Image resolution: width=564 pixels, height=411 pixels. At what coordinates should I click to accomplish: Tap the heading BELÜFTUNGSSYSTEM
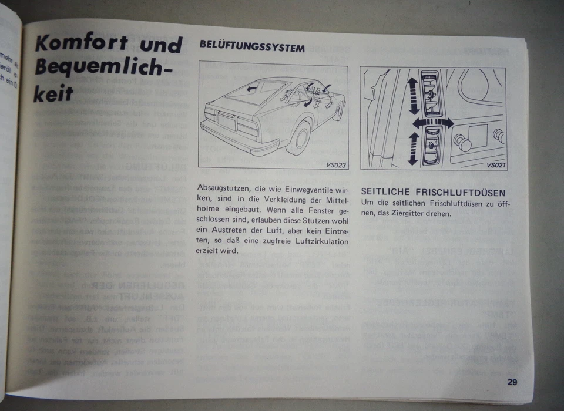point(252,47)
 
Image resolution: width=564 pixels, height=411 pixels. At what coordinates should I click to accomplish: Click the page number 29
point(512,382)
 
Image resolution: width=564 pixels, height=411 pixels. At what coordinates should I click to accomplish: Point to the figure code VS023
point(336,165)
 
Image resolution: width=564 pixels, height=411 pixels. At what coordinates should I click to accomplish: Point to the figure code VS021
point(496,165)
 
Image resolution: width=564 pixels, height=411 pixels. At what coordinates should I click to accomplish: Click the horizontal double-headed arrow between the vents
point(432,122)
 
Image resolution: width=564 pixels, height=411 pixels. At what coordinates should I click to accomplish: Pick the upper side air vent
point(434,92)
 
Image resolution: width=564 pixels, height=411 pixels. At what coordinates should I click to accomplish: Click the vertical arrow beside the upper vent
point(412,94)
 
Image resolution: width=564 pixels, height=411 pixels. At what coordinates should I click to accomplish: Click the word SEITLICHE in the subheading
point(388,193)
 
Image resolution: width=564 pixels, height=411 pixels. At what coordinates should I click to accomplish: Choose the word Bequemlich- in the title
point(97,67)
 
